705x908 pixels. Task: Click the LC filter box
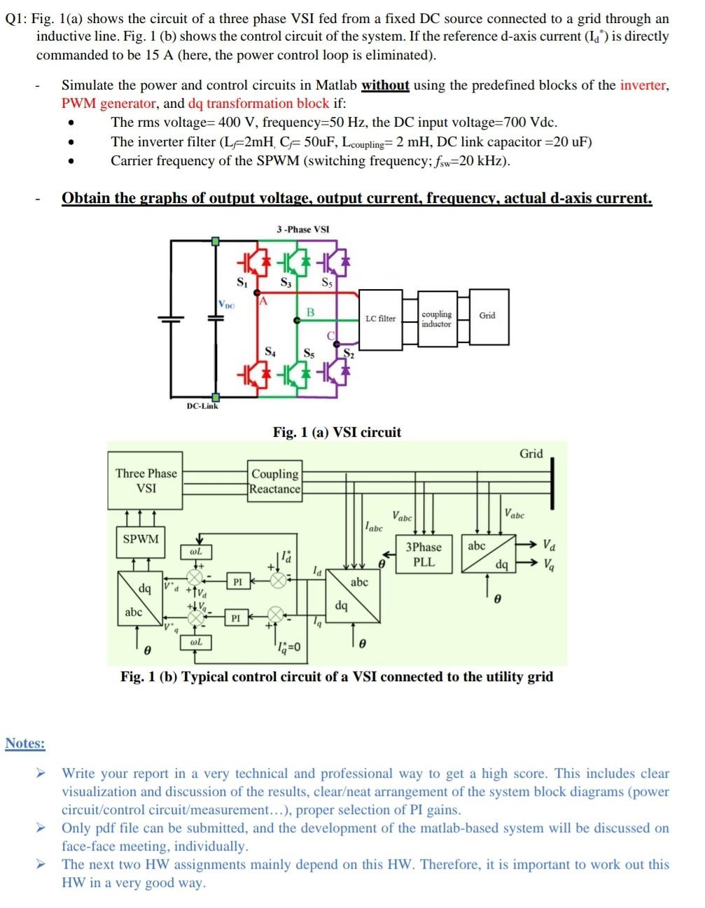(x=380, y=319)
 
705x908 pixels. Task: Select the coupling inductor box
(x=436, y=319)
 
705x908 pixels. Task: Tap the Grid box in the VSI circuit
(x=487, y=316)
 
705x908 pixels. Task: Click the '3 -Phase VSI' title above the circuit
(x=302, y=229)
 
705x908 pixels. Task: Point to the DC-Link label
(x=202, y=406)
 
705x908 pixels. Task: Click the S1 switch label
(x=242, y=283)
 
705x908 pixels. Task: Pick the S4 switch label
(x=270, y=352)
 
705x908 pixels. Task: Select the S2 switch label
(x=349, y=354)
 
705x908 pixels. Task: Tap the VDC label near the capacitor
(x=226, y=305)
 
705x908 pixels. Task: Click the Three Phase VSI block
(x=146, y=481)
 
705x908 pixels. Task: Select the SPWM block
(x=141, y=539)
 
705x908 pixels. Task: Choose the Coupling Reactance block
(x=275, y=481)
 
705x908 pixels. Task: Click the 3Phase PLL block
(x=424, y=554)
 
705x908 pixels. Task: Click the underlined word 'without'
(x=385, y=85)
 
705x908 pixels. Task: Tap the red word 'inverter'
(x=643, y=85)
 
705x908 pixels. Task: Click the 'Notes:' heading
(x=25, y=743)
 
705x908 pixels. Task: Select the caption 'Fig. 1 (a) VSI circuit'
(x=337, y=432)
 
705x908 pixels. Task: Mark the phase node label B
(x=310, y=311)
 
